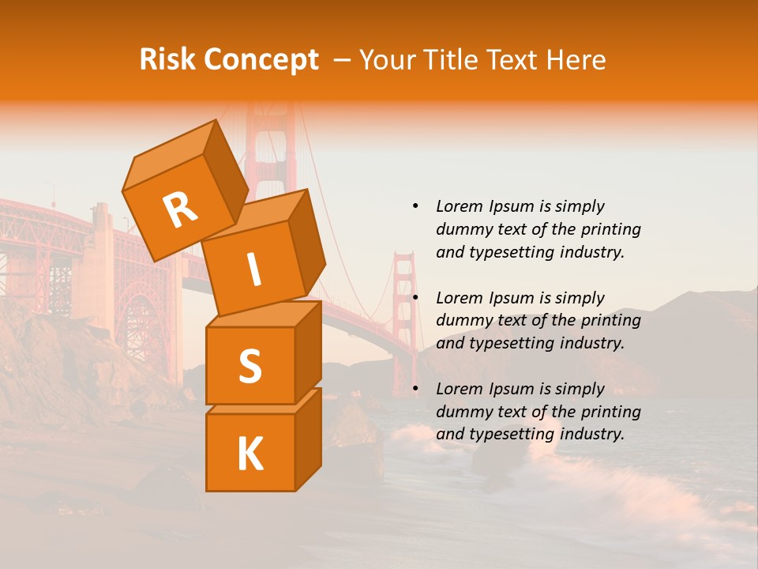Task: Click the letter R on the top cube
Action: pyautogui.click(x=180, y=210)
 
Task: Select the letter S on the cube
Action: pyautogui.click(x=250, y=366)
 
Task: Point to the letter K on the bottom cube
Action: pyautogui.click(x=250, y=454)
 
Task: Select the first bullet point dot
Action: pyautogui.click(x=415, y=206)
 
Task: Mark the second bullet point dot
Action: pyautogui.click(x=415, y=298)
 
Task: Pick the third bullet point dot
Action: pyautogui.click(x=415, y=389)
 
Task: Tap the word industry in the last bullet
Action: pyautogui.click(x=592, y=434)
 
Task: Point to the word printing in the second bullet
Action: pyautogui.click(x=610, y=321)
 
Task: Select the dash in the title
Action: pyautogui.click(x=342, y=60)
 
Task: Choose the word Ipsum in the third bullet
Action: pyautogui.click(x=510, y=389)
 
